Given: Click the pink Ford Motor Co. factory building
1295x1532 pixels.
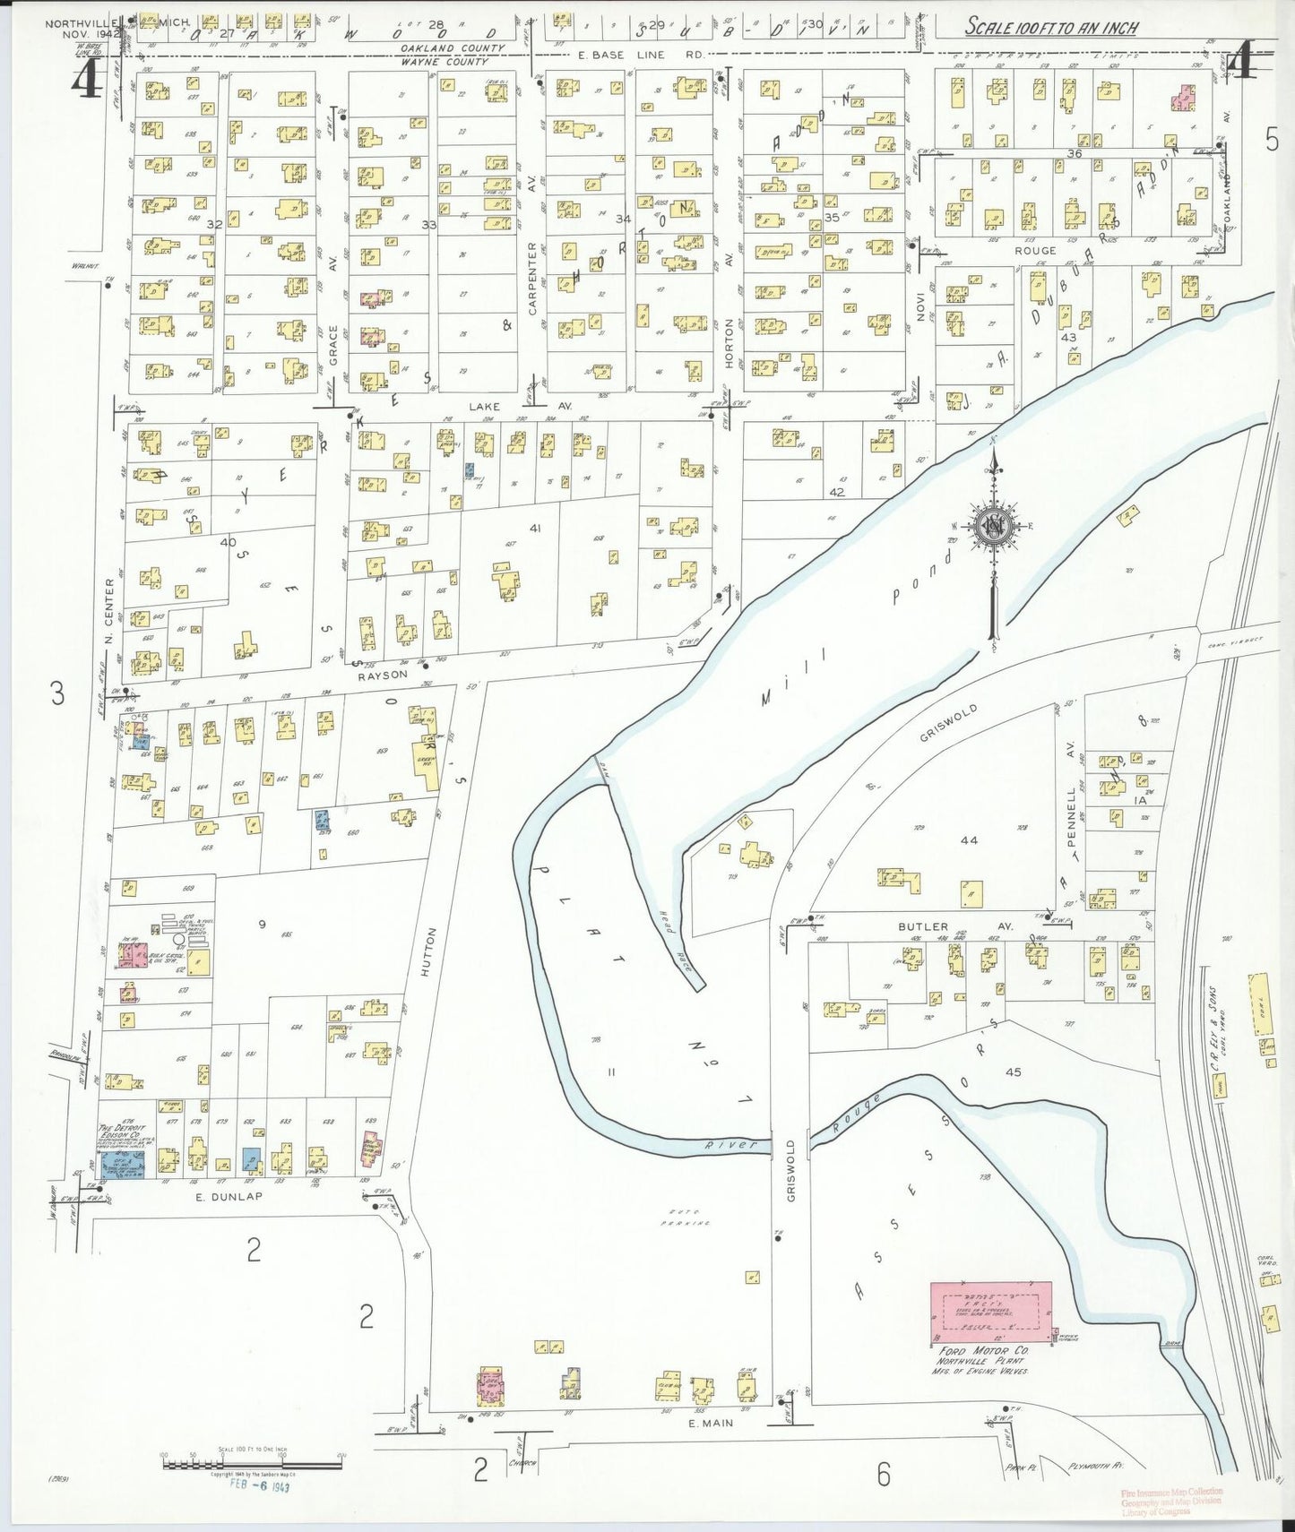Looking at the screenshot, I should [x=991, y=1312].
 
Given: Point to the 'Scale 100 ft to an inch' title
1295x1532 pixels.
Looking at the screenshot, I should [x=1050, y=27].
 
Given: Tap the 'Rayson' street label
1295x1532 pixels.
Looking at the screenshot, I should [x=383, y=674].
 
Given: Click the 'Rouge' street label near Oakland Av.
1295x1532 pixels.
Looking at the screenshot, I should [x=1034, y=251].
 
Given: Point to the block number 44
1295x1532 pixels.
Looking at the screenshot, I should [x=968, y=840].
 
